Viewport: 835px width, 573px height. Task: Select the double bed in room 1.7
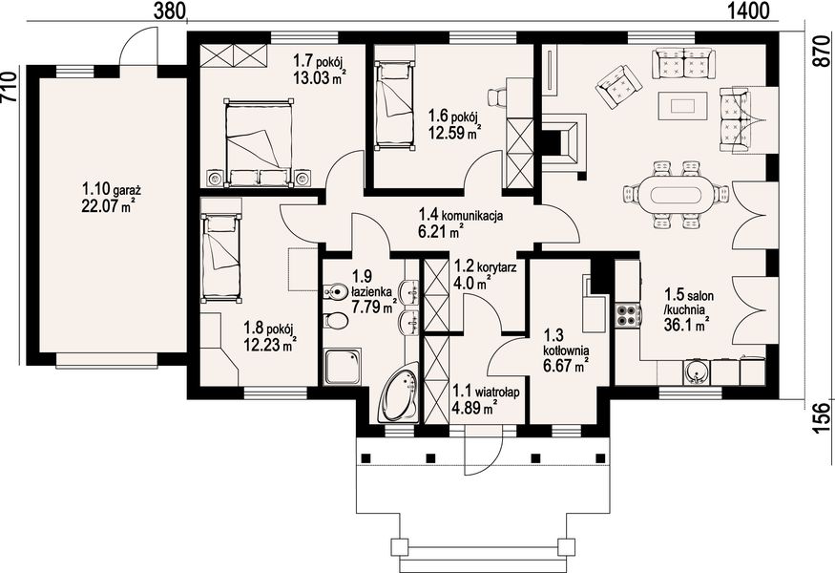click(x=259, y=142)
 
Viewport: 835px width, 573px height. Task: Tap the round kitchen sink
click(x=696, y=372)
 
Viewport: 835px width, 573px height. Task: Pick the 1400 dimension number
click(x=750, y=11)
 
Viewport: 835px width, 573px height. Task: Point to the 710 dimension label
click(x=9, y=86)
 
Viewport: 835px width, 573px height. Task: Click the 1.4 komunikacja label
click(x=461, y=215)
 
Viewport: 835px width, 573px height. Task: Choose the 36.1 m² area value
click(x=686, y=325)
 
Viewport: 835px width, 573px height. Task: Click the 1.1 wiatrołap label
click(x=485, y=393)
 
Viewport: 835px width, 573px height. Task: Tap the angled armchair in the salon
click(x=619, y=86)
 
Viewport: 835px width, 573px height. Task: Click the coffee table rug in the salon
click(x=682, y=106)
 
